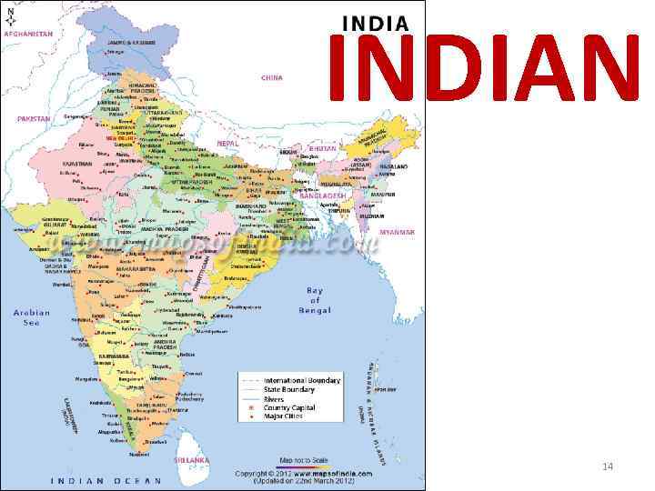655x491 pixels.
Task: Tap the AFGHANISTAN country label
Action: coord(29,34)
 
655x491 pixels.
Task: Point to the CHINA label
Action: coord(272,78)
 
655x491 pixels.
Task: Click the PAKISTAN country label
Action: coord(34,118)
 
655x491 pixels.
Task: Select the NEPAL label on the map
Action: coord(228,144)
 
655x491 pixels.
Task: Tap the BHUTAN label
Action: coord(323,148)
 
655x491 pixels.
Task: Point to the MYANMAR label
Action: coord(397,233)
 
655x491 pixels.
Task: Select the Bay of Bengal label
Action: coord(315,300)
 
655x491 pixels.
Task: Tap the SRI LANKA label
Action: coord(193,460)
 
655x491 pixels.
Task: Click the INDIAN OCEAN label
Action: coord(108,480)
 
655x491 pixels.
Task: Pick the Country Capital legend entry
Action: coord(289,408)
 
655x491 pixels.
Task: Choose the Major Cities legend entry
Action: coord(285,417)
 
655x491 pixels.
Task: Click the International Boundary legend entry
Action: coord(302,380)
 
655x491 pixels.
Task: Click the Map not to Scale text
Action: coord(303,459)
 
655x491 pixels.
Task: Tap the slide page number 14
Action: coord(608,466)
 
